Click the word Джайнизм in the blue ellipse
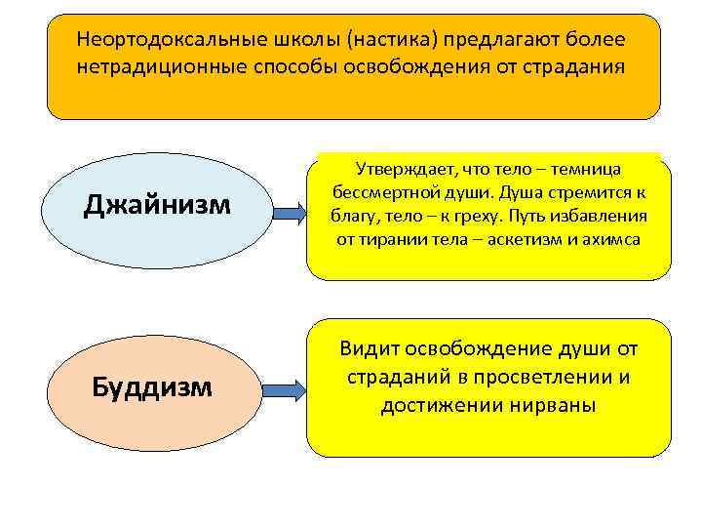point(157,205)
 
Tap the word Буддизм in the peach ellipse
point(151,387)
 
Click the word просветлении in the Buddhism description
point(523,377)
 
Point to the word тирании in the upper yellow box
point(391,239)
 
